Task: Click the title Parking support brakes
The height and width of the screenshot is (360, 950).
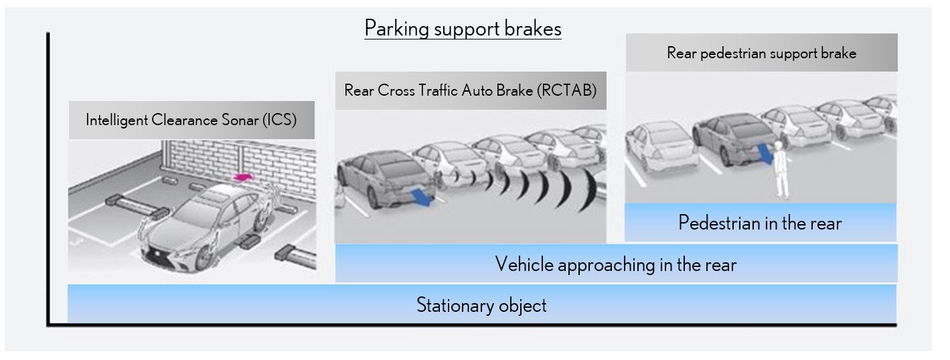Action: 463,29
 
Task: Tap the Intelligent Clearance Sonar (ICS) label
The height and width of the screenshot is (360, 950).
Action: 191,120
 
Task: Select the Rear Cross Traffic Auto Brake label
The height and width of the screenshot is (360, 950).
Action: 470,90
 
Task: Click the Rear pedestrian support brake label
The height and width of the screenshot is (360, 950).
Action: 761,53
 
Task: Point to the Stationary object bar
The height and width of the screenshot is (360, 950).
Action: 481,305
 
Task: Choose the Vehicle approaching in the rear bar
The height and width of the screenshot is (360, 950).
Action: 615,264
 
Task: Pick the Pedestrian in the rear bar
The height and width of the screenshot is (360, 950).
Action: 760,222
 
